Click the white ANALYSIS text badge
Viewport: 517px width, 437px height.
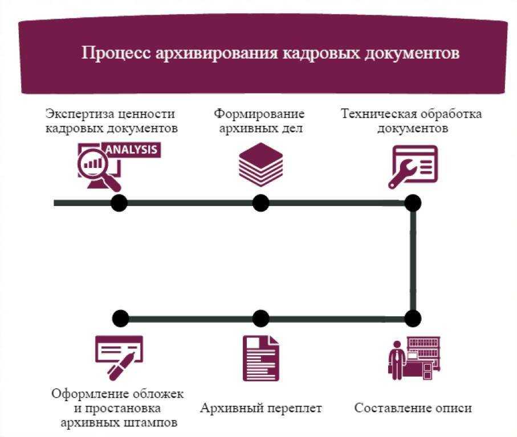131,150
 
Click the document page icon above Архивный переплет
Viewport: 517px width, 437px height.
260,357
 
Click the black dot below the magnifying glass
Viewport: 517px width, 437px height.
119,203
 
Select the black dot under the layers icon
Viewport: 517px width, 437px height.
260,203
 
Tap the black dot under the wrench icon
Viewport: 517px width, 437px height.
413,203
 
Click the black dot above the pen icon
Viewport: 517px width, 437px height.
120,318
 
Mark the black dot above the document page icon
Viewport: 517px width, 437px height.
260,318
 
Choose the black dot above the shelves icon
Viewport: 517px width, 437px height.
413,318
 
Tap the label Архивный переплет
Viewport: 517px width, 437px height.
260,409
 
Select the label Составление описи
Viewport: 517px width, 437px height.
413,409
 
